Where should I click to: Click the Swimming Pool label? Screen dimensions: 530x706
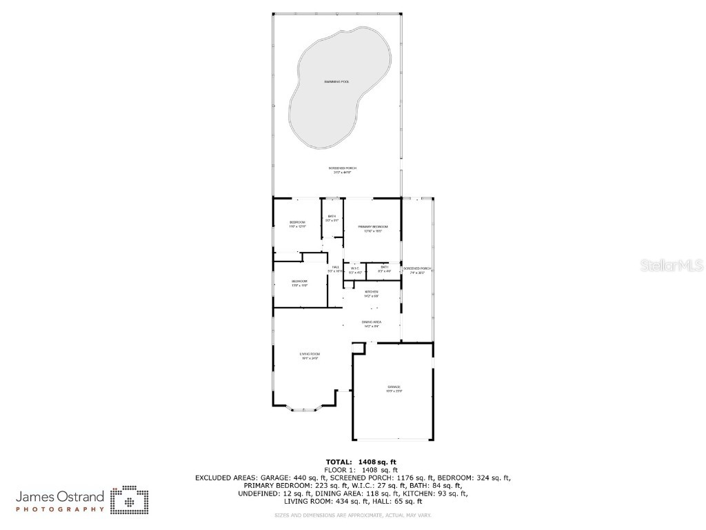click(337, 82)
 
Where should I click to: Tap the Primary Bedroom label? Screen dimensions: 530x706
click(372, 227)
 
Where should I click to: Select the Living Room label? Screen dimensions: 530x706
click(310, 354)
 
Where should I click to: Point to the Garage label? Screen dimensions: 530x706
click(394, 387)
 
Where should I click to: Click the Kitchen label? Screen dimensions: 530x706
click(372, 292)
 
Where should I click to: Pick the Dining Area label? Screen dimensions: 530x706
click(372, 322)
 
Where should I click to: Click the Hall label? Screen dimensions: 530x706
click(336, 268)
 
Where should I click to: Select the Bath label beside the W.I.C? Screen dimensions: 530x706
click(384, 267)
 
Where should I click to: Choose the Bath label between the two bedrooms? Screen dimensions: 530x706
click(332, 217)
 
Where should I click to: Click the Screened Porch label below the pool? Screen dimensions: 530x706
click(342, 168)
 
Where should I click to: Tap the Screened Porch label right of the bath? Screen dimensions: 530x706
click(417, 268)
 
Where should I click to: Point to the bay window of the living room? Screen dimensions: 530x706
click(304, 410)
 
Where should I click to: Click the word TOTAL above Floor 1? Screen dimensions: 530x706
click(338, 462)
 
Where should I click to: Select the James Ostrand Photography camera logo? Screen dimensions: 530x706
click(130, 500)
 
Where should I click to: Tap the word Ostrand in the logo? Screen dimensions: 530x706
click(82, 496)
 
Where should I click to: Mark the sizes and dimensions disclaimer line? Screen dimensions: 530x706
click(352, 515)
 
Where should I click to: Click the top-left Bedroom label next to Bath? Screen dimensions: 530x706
click(297, 222)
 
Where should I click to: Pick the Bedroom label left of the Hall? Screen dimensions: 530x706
click(299, 282)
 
